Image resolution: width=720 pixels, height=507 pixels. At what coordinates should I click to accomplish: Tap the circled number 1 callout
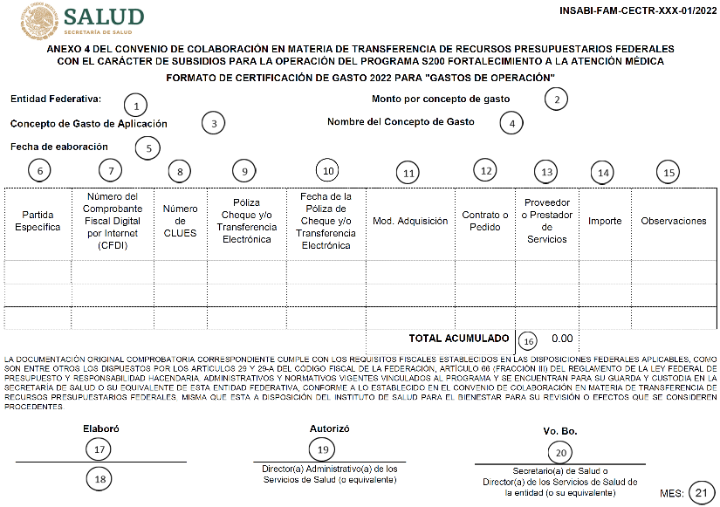[135, 106]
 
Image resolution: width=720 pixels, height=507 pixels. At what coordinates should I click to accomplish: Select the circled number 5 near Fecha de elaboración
[149, 147]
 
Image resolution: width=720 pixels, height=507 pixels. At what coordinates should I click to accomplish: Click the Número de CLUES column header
[181, 221]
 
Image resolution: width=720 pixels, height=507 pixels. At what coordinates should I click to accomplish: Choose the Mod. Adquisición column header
[410, 221]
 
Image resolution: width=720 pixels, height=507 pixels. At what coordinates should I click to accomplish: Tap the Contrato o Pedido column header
[486, 221]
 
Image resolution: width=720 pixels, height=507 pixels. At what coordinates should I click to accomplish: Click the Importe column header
[605, 221]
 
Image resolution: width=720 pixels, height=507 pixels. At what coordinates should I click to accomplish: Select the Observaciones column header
[673, 221]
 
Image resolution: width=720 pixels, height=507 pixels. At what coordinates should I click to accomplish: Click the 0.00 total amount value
[562, 338]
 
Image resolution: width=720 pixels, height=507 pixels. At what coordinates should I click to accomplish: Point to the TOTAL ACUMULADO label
[458, 338]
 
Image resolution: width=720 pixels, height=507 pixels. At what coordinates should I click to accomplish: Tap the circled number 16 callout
[528, 340]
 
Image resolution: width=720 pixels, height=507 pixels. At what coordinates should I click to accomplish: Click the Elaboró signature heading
[100, 429]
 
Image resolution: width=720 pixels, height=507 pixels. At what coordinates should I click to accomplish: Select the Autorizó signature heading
[330, 428]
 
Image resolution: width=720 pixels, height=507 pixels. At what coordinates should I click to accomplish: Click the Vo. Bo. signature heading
[559, 431]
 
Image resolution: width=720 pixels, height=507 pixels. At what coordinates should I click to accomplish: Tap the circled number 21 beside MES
[699, 492]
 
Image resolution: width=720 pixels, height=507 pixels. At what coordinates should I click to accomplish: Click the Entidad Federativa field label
[56, 99]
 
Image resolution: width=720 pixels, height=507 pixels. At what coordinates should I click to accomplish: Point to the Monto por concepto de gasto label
[441, 99]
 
